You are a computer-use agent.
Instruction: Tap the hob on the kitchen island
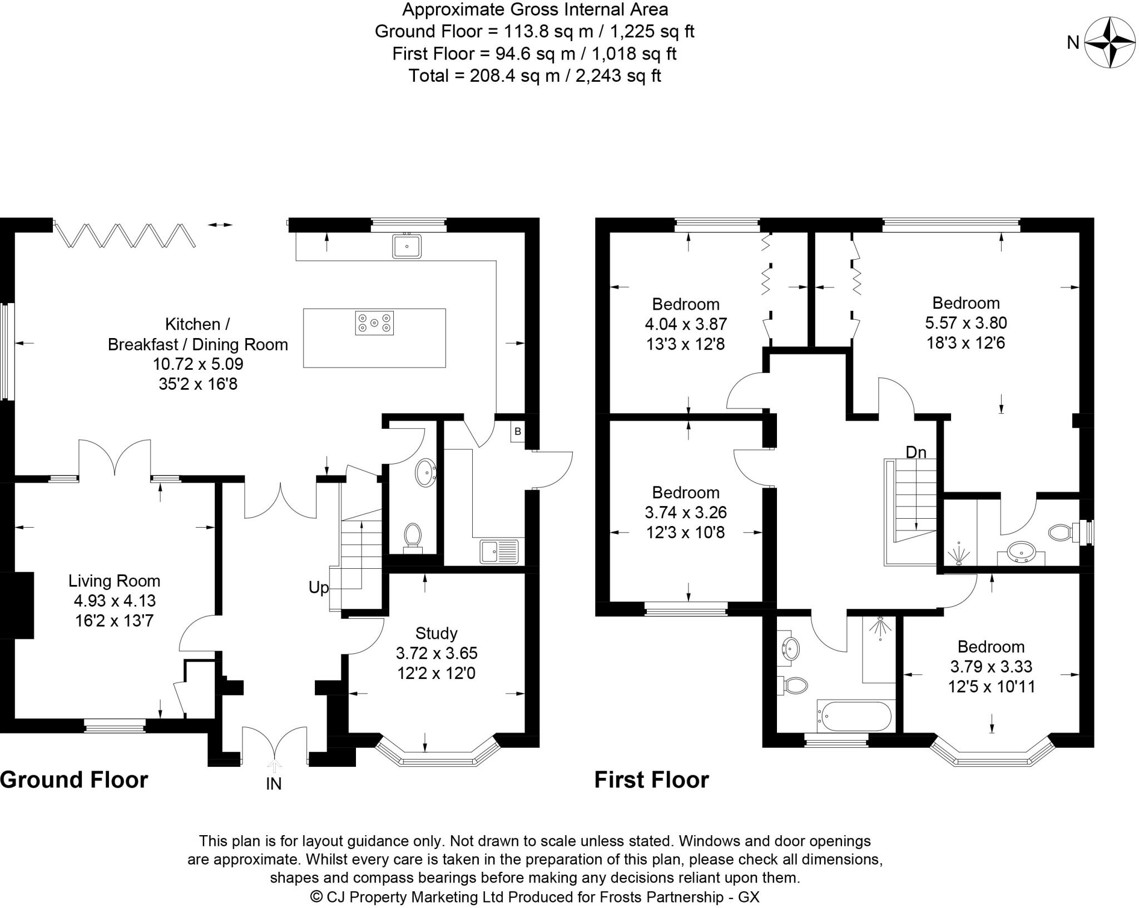(374, 322)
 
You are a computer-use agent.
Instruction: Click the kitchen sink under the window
(407, 246)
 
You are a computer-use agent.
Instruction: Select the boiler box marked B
(517, 431)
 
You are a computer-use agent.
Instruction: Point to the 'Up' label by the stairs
(319, 588)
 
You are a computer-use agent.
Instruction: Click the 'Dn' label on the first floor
(916, 453)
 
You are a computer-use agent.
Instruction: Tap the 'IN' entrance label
(274, 783)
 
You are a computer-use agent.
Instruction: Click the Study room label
(437, 633)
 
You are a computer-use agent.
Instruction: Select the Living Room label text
(114, 581)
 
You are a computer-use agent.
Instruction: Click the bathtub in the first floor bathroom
(854, 716)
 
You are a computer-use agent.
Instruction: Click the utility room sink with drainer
(499, 552)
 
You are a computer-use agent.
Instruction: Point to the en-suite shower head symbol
(960, 554)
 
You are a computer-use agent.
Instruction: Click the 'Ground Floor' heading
(74, 780)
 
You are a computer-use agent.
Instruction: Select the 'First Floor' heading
(651, 780)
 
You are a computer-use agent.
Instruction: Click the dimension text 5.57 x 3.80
(965, 322)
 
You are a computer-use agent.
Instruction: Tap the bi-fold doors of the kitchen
(125, 235)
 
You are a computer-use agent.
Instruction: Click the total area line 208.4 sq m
(534, 76)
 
